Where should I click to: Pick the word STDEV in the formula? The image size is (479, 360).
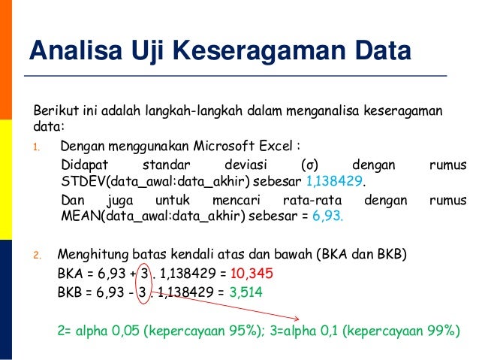[78, 183]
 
